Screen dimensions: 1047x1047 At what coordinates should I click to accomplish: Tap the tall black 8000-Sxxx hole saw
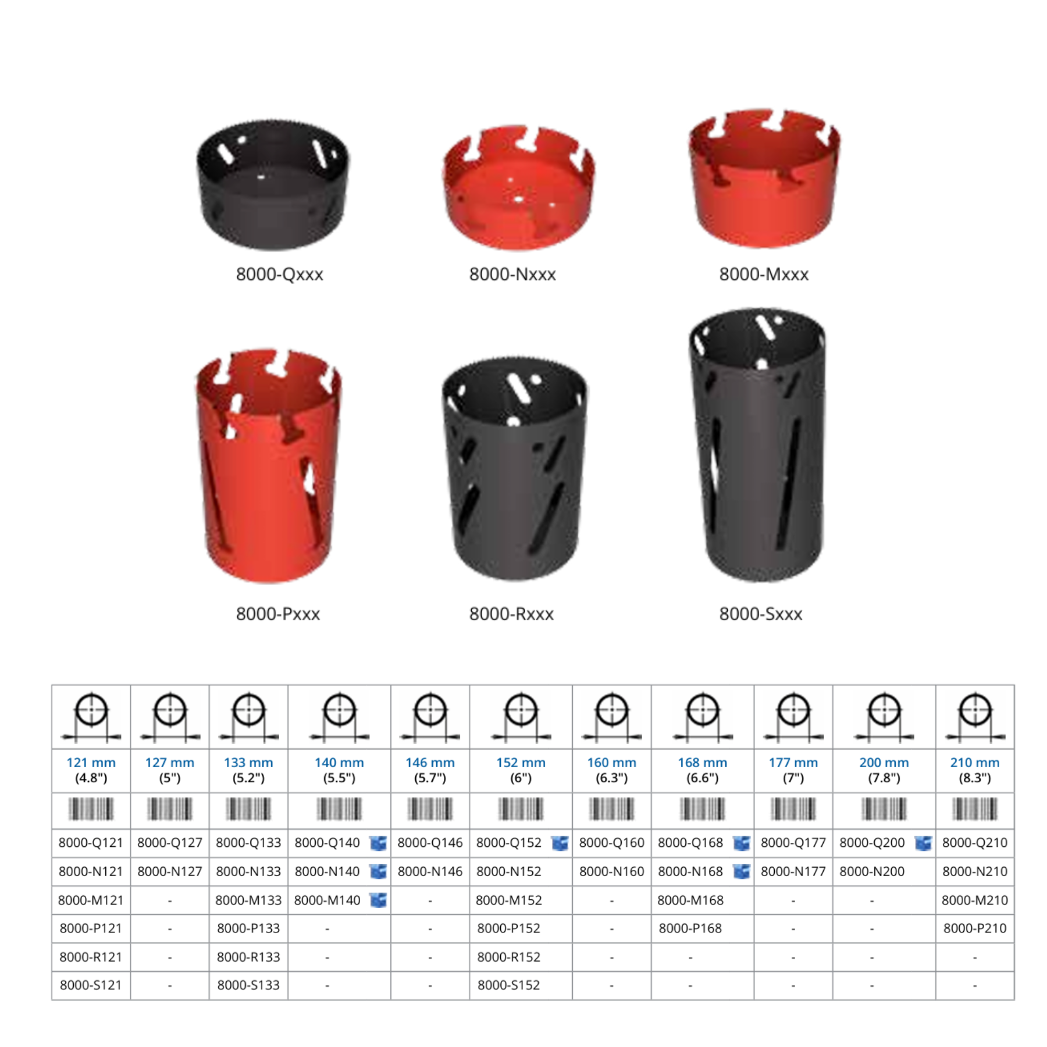pos(757,444)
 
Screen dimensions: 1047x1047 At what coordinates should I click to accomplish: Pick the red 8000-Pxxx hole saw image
pos(268,465)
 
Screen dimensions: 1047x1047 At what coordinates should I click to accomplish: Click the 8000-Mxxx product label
pos(764,274)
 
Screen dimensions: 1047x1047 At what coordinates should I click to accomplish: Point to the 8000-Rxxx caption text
pos(511,614)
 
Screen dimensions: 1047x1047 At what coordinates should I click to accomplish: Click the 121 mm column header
pos(91,770)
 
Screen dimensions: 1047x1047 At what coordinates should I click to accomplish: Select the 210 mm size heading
pos(975,770)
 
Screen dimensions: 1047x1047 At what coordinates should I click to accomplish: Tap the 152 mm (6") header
pos(521,770)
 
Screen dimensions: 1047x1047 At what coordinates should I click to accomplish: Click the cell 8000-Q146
pos(430,843)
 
